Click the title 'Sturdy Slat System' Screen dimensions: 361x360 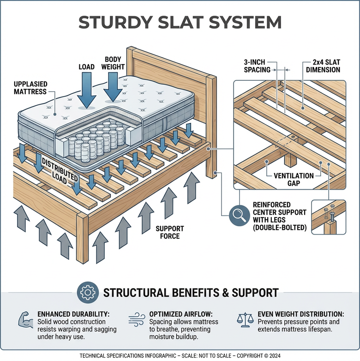(180, 22)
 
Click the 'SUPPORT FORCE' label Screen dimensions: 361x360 (170, 232)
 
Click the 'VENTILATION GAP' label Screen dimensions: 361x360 (294, 180)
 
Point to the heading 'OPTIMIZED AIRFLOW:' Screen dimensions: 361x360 (181, 314)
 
